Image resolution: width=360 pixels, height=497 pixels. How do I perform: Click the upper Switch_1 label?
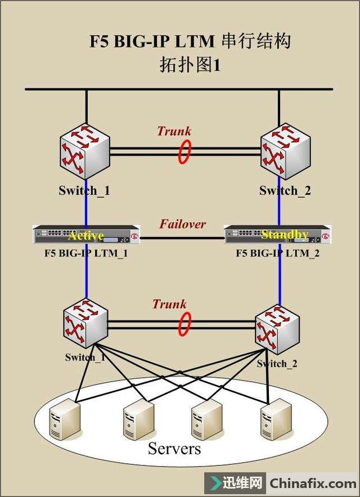(x=84, y=191)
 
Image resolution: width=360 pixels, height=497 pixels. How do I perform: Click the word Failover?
(x=182, y=224)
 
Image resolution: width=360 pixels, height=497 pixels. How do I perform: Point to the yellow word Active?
(x=85, y=235)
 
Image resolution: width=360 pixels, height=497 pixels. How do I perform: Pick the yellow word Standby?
(x=285, y=234)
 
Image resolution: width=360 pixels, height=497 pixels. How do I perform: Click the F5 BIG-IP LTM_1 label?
(x=86, y=253)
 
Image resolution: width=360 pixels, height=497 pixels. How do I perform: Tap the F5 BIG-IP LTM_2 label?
(x=278, y=253)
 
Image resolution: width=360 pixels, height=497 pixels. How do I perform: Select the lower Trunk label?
(x=169, y=304)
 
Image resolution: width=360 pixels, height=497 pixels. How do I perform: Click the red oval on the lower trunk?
(x=184, y=324)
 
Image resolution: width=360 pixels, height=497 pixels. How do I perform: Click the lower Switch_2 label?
(x=277, y=363)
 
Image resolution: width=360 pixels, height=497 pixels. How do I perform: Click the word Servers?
(x=174, y=449)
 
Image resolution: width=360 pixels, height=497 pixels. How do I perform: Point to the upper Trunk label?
(x=174, y=132)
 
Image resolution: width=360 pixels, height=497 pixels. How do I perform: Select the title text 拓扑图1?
(x=190, y=65)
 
